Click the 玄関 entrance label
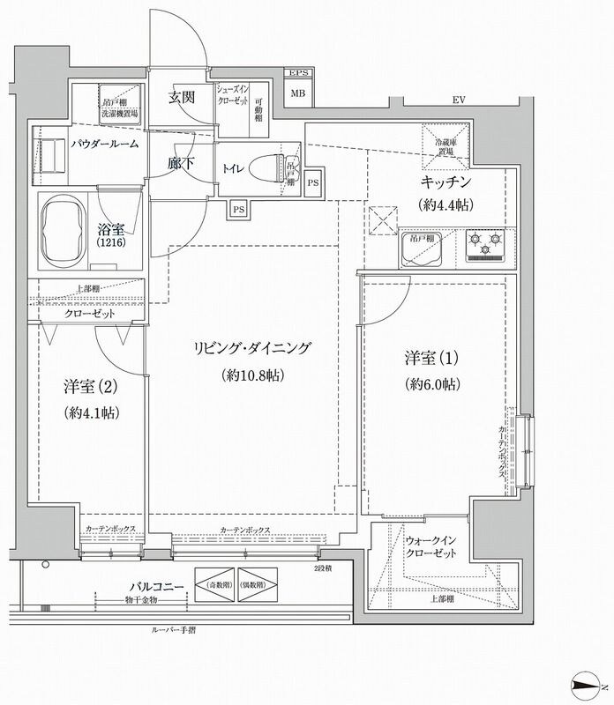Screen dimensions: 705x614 pyautogui.click(x=182, y=97)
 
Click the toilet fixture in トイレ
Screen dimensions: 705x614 pyautogui.click(x=270, y=167)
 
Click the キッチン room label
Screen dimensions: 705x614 pyautogui.click(x=446, y=183)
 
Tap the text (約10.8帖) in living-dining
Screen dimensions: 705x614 pyautogui.click(x=252, y=375)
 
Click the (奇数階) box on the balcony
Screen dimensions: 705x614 pyautogui.click(x=214, y=585)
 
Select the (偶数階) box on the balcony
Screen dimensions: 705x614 pyautogui.click(x=258, y=585)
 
